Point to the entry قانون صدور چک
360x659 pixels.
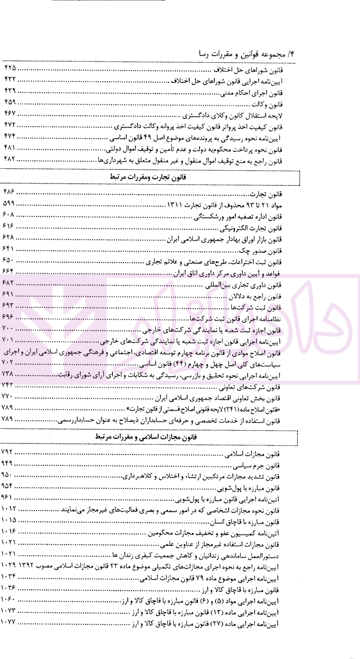pos(260,251)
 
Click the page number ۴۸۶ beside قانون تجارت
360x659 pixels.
pos(9,192)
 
